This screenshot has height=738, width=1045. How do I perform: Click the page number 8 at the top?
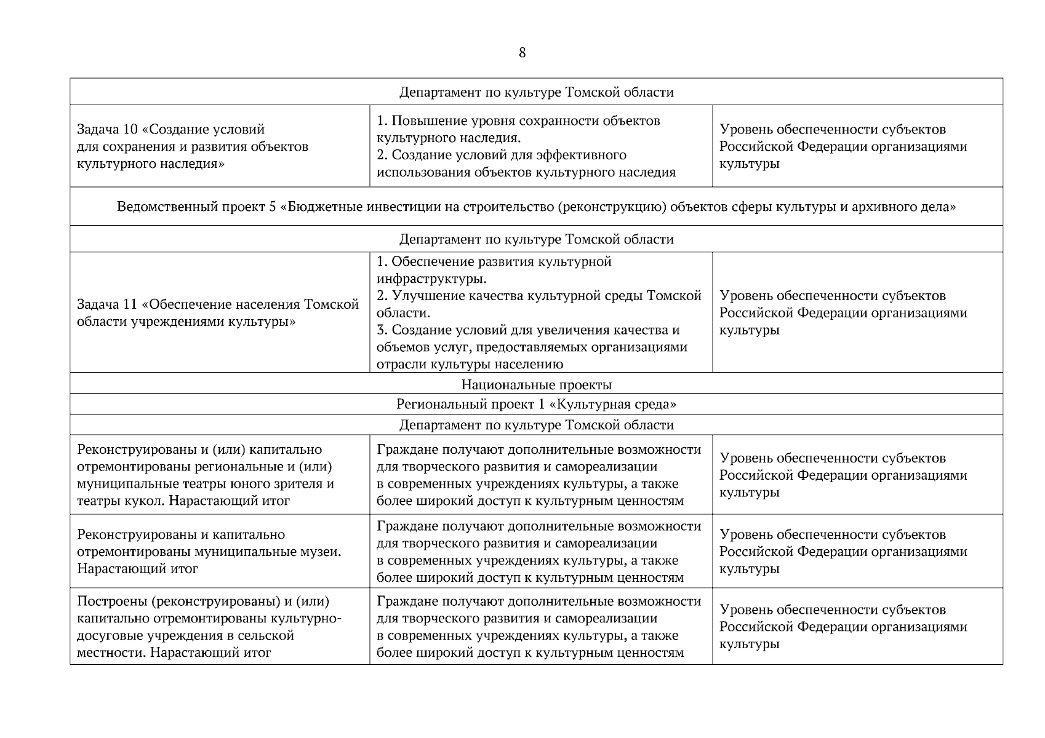(522, 53)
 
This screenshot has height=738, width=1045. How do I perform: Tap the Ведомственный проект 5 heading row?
(536, 207)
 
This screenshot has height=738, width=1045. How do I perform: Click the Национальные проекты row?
(536, 385)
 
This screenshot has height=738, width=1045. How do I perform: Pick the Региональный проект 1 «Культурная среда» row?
(536, 404)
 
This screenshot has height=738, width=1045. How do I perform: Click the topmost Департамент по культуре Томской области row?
(536, 92)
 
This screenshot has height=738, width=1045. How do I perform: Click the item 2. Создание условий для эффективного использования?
(526, 164)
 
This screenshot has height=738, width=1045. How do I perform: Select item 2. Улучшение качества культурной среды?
(539, 304)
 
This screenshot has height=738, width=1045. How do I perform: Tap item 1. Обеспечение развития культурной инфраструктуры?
(494, 270)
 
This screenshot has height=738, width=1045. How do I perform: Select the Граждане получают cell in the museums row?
(540, 552)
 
